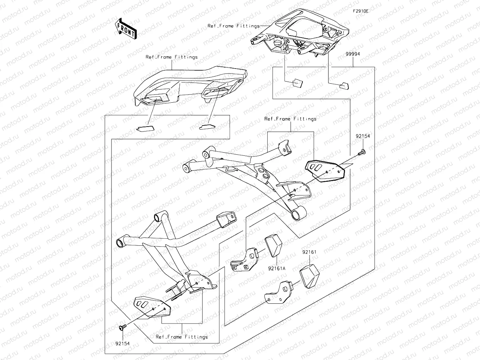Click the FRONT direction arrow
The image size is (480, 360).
coord(126,29)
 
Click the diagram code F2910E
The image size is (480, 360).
coord(361,11)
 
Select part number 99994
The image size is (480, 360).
coord(352,54)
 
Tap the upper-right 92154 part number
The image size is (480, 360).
coord(363,136)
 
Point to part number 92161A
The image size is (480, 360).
coord(277,268)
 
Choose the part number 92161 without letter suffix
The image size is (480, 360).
coord(309,252)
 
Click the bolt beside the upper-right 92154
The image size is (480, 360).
coord(361,153)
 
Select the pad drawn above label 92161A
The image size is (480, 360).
coord(274,246)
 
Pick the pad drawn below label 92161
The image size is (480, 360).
coord(309,275)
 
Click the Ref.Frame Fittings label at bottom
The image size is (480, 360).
coord(182,337)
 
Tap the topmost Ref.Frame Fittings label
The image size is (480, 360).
coord(233,26)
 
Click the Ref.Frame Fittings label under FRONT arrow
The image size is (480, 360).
coord(172,57)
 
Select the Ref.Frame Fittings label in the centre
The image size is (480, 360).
coord(290,119)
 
